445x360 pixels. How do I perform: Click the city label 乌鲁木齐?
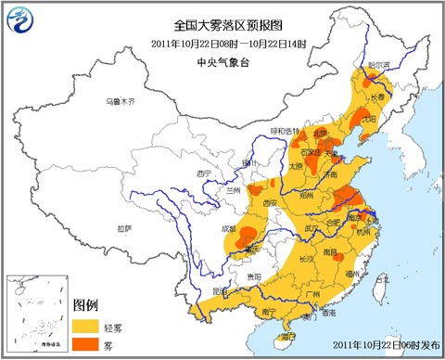click(x=120, y=100)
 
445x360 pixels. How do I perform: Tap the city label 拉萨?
click(x=124, y=227)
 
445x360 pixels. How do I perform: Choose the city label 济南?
click(x=331, y=174)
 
